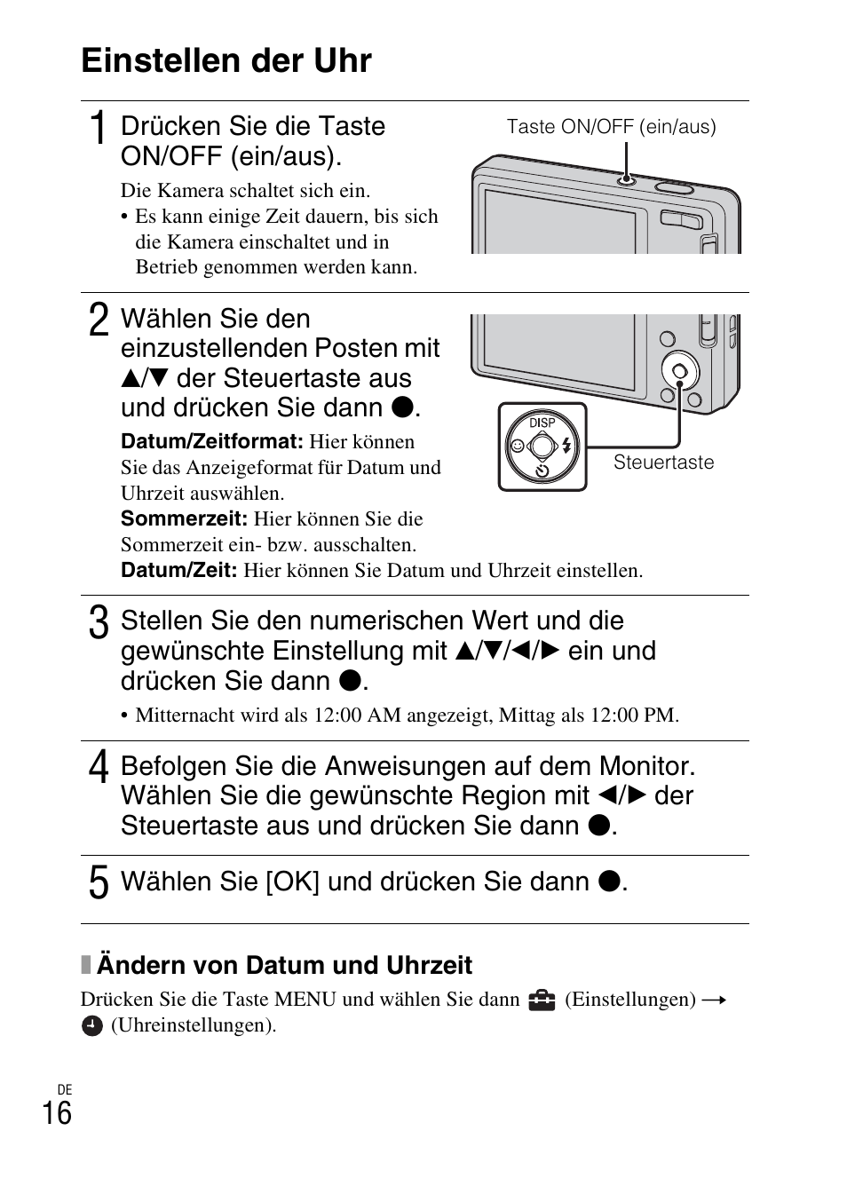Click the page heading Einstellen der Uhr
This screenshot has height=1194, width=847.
click(226, 61)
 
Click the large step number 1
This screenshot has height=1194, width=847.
click(99, 128)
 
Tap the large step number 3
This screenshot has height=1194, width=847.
click(99, 622)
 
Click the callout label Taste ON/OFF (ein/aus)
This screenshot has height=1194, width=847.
click(611, 127)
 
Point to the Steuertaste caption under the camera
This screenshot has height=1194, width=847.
click(663, 463)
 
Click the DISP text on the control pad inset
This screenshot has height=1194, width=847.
click(542, 423)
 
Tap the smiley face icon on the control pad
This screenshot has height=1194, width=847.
click(517, 447)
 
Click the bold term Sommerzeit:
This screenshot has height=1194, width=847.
click(184, 519)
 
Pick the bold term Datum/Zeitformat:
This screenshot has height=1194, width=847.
click(212, 442)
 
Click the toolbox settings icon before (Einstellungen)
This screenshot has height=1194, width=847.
click(542, 1000)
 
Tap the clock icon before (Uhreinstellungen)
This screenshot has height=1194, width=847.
click(92, 1025)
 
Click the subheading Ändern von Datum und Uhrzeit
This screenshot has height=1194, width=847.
click(284, 966)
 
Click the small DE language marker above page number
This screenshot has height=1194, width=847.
click(65, 1090)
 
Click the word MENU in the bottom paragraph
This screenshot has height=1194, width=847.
click(305, 1000)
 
